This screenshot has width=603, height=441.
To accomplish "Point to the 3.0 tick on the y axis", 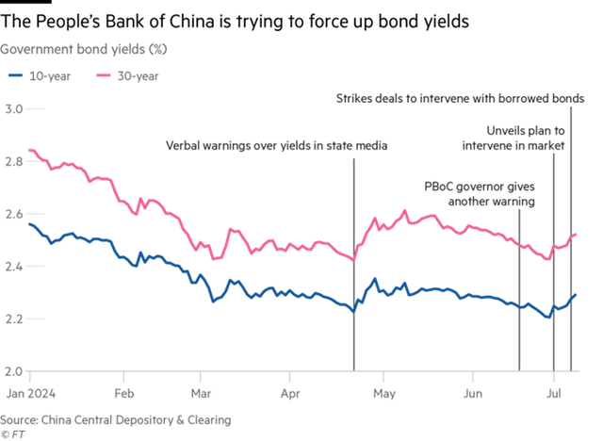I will [x=14, y=110].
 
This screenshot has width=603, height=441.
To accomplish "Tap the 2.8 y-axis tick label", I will [x=14, y=162].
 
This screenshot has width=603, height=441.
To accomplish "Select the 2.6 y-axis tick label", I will [x=14, y=215].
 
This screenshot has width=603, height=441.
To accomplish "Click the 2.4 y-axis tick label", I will [x=14, y=267].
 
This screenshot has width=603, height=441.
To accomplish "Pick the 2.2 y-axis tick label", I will [x=14, y=319].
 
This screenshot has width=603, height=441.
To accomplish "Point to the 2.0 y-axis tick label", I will [x=14, y=371].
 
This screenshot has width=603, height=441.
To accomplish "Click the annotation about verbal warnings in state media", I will [x=276, y=146].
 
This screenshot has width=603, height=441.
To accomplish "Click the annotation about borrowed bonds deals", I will [x=461, y=97].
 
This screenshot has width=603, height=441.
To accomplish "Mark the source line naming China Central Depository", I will [x=116, y=419].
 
